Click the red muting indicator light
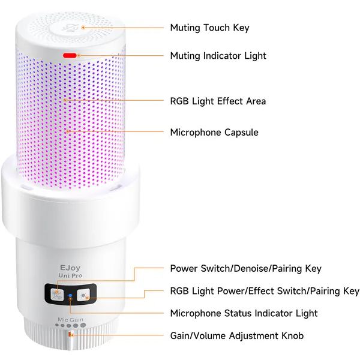[x=70, y=55]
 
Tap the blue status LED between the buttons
[x=70, y=295]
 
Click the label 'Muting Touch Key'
[x=209, y=28]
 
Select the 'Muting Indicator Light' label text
[x=218, y=56]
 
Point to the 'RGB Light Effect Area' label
[x=218, y=101]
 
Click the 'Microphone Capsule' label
[x=214, y=133]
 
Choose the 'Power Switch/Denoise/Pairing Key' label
[x=245, y=268]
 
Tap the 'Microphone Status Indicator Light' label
[x=244, y=313]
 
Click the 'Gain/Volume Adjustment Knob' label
[x=237, y=335]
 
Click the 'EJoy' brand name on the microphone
[x=70, y=268]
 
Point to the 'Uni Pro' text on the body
[x=70, y=275]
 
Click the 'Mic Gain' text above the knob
[x=70, y=319]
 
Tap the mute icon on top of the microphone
[x=67, y=28]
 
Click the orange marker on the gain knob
[x=70, y=335]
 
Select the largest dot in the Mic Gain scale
[x=83, y=325]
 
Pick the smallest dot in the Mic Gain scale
[x=57, y=325]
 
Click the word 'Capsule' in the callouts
[x=241, y=133]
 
